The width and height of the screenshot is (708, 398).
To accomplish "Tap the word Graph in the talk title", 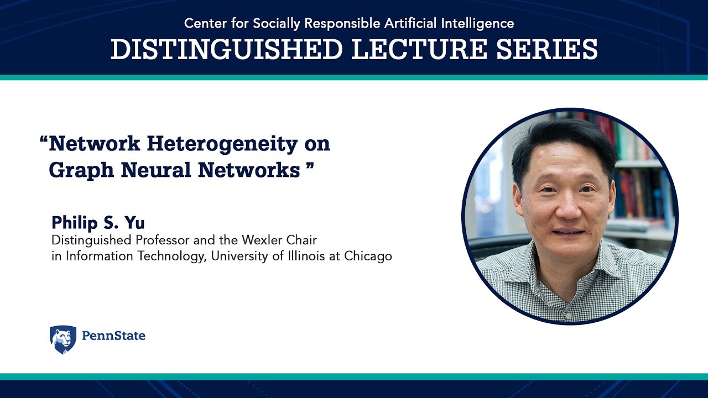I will coord(81,170).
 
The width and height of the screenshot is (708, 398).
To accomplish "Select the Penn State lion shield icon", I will coord(63,339).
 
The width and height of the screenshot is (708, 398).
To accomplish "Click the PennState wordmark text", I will coord(113,336).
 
